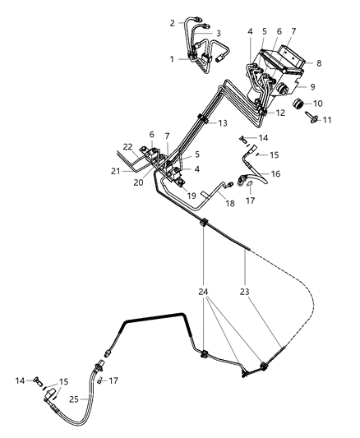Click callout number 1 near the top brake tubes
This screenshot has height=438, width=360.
(171, 58)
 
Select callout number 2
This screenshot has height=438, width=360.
(172, 23)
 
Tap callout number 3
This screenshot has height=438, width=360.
(218, 34)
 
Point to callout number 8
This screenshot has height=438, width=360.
(320, 62)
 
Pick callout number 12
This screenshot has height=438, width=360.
(280, 113)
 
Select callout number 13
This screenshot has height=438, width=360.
(223, 123)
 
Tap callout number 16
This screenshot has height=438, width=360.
(275, 174)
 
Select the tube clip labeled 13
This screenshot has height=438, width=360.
(201, 125)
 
